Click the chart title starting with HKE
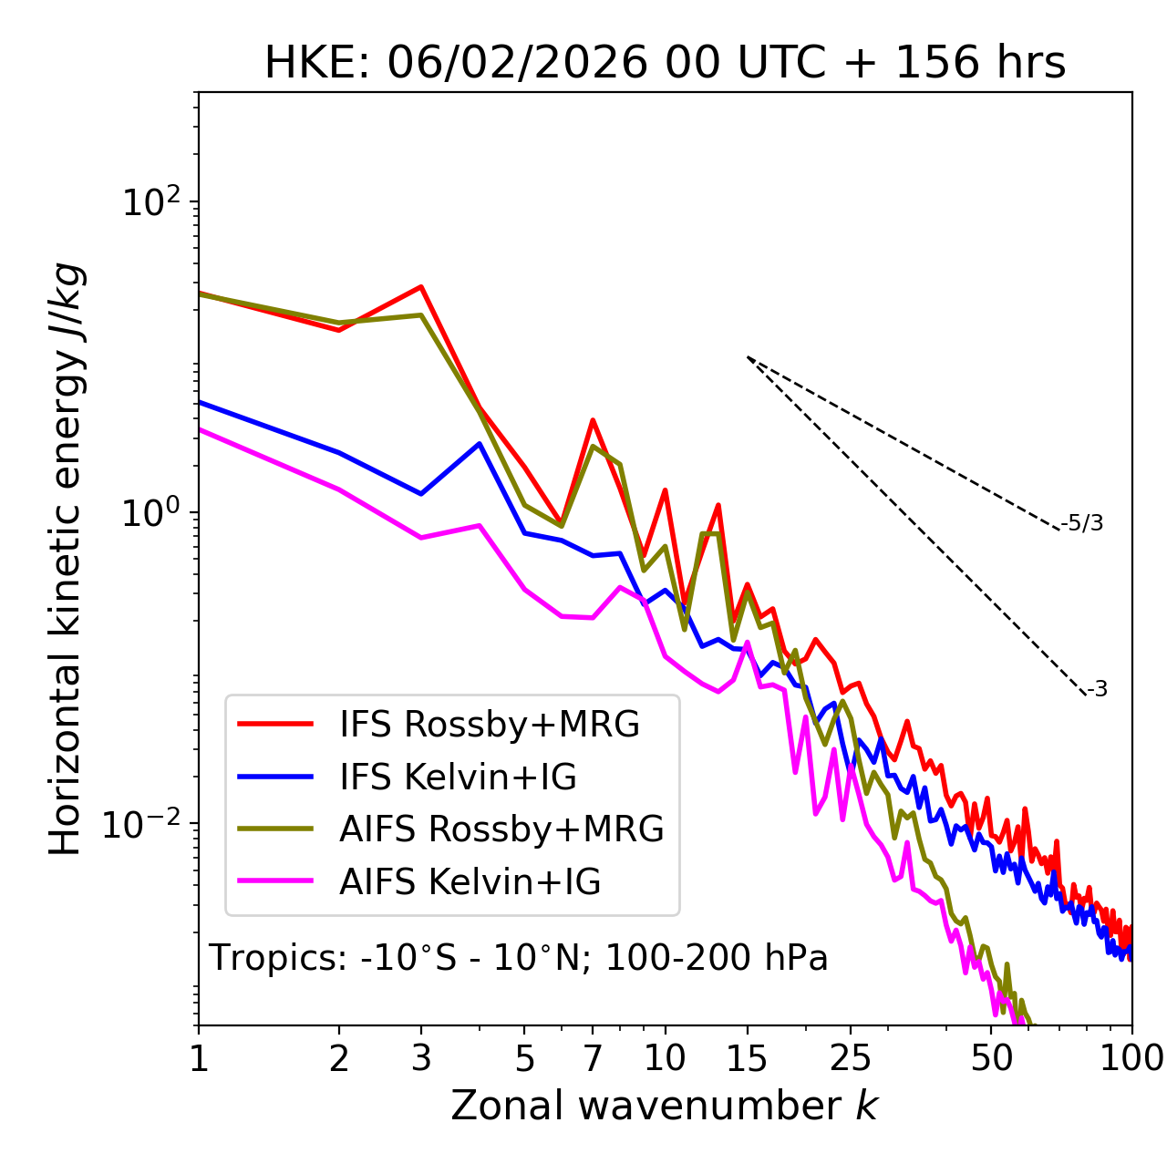[x=665, y=64]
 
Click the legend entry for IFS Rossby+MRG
[x=489, y=724]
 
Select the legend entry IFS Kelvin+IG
[x=458, y=777]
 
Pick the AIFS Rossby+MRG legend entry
[x=501, y=829]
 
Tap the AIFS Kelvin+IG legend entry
[x=470, y=882]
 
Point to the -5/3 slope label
[x=1082, y=524]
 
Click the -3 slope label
[x=1097, y=690]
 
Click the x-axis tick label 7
[x=593, y=1058]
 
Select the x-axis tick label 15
[x=747, y=1058]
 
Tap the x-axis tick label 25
[x=850, y=1058]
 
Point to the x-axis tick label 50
[x=991, y=1058]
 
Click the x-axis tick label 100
[x=1131, y=1058]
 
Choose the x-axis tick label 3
[x=420, y=1058]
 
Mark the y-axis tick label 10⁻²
[x=146, y=824]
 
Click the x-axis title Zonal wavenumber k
[x=665, y=1106]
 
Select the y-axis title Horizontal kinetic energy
[x=67, y=560]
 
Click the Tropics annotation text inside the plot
[x=519, y=958]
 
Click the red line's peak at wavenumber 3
[x=420, y=287]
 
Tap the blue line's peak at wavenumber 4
[x=480, y=444]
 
